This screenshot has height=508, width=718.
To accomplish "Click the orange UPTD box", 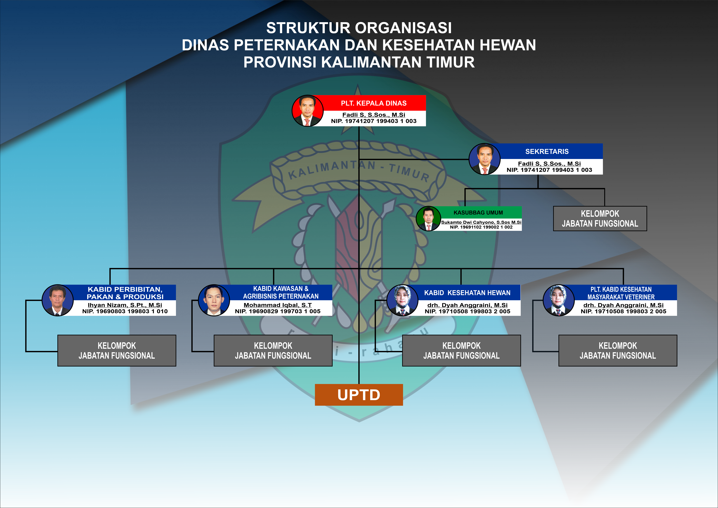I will [x=359, y=395].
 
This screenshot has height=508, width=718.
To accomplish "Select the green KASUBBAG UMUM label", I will [x=478, y=213].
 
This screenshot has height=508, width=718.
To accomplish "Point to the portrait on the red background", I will [x=307, y=111].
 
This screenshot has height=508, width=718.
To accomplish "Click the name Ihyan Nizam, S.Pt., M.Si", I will [x=125, y=305].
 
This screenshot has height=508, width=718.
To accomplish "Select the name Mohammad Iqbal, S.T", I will [x=278, y=305].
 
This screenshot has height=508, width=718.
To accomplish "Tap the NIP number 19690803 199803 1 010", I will [x=125, y=311].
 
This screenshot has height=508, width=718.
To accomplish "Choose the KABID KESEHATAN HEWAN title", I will [x=467, y=293].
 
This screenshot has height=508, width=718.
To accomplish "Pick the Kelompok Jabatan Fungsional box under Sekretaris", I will [x=600, y=219].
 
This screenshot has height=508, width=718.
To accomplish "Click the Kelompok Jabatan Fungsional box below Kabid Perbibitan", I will [x=117, y=351].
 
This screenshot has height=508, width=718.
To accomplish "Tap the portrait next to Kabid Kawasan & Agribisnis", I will [x=214, y=300].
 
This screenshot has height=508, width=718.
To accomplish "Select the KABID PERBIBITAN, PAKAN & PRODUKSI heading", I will [x=125, y=293].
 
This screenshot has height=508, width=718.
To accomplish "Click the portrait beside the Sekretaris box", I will [x=484, y=159].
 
